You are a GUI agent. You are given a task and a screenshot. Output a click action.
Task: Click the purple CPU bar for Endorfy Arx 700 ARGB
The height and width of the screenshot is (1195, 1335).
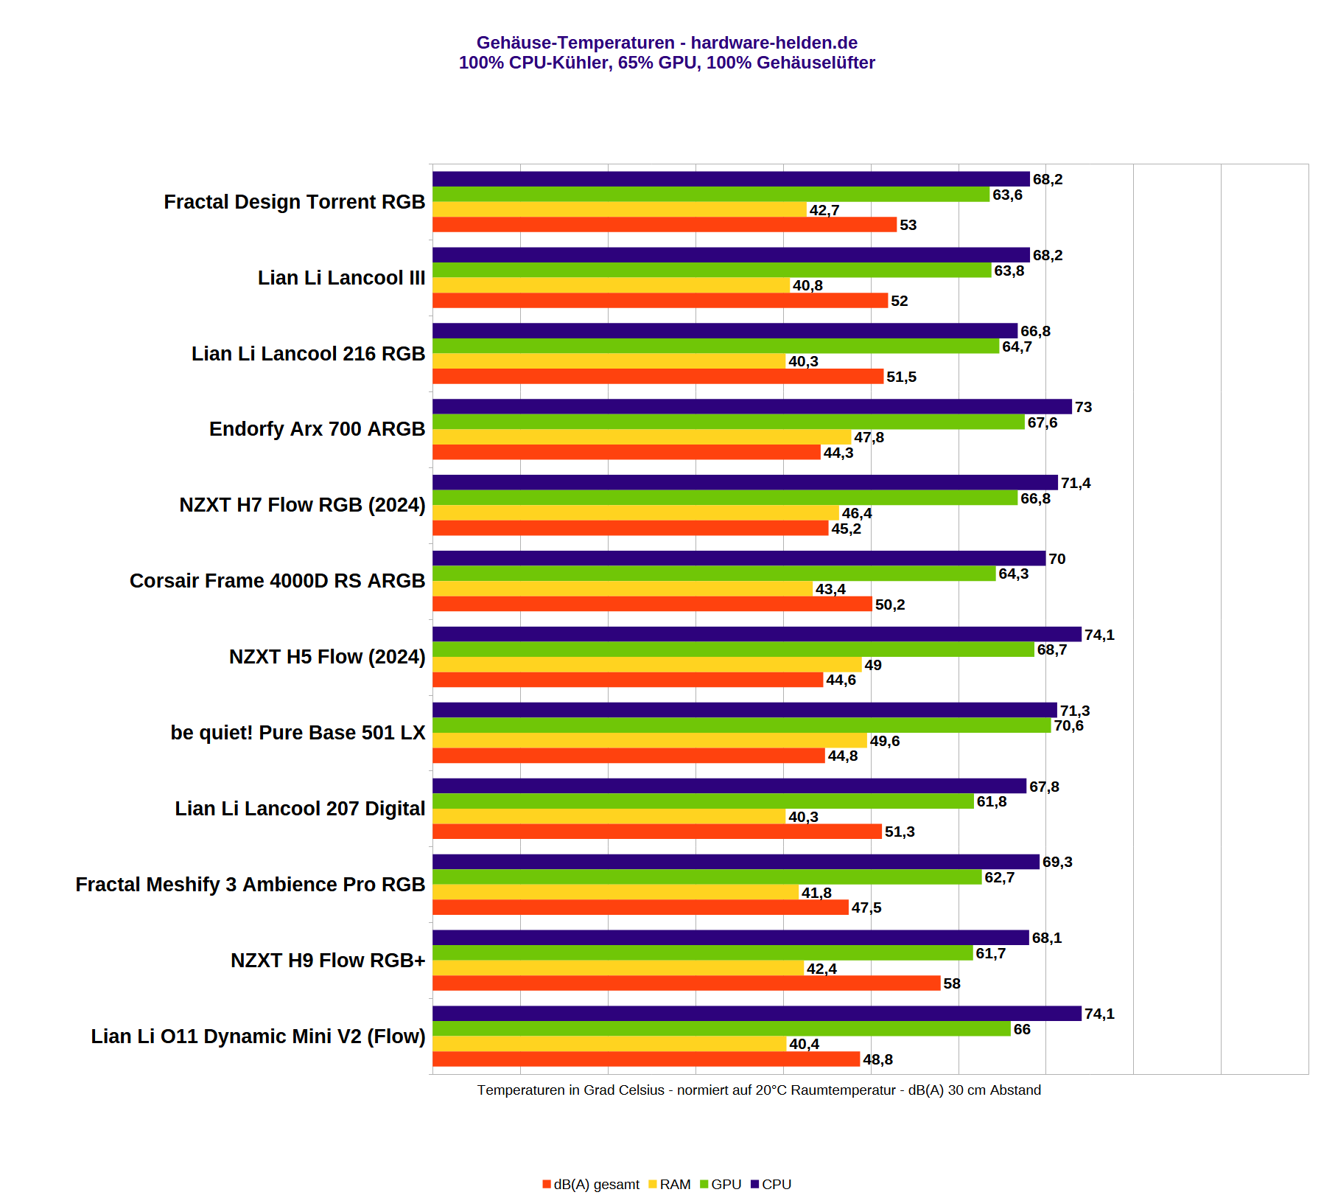pos(751,406)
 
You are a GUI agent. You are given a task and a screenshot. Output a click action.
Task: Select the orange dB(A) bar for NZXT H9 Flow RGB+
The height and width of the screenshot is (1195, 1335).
pos(686,983)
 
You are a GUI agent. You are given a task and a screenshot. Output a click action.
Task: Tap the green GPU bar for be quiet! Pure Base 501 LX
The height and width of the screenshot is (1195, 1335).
pos(741,725)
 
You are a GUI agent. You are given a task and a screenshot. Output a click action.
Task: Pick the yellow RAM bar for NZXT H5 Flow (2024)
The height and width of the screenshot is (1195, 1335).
pos(647,665)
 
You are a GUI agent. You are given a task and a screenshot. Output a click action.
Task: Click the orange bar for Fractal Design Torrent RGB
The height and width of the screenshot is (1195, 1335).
pos(664,225)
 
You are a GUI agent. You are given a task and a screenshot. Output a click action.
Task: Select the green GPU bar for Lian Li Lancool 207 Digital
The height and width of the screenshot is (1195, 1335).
pos(703,801)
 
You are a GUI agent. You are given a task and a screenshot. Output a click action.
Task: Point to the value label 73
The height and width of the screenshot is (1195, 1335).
pos(1083,407)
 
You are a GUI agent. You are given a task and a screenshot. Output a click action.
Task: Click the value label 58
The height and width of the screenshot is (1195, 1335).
pos(952,983)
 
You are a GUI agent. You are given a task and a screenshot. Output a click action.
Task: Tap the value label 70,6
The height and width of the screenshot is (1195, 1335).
pos(1068,725)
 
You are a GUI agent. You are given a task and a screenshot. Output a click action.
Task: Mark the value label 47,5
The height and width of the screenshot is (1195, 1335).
pos(866,907)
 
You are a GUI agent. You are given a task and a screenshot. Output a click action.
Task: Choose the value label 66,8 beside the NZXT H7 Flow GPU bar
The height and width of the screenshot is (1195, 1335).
pos(1035,498)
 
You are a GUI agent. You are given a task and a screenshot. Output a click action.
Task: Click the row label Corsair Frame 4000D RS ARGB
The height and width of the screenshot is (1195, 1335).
pos(277,581)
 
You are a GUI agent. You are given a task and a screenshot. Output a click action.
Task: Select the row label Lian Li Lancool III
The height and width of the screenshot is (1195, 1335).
pos(341,278)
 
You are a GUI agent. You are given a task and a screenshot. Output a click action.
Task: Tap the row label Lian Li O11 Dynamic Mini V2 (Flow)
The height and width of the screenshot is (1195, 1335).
pos(258,1037)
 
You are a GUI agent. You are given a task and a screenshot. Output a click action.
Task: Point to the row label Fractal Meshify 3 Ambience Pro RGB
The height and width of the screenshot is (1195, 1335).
pos(250,885)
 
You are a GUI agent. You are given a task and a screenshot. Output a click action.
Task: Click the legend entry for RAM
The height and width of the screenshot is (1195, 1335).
pos(670,1184)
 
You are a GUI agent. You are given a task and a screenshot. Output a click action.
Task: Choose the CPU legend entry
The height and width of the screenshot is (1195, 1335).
pos(771,1184)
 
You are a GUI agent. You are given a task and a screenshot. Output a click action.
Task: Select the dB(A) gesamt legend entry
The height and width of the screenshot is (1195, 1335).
pos(591,1184)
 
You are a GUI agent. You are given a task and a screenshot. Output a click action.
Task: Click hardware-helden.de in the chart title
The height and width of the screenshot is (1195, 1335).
pos(774,43)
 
